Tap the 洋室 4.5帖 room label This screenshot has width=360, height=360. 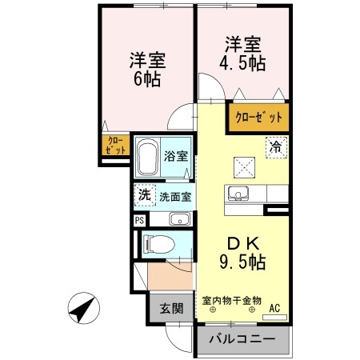[242, 52]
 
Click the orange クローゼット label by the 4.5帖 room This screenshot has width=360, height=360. [258, 118]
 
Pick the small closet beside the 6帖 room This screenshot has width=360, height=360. [114, 145]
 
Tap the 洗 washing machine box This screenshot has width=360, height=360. [144, 194]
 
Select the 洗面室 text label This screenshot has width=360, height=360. [174, 195]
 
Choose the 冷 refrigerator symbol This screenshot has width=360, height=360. [274, 147]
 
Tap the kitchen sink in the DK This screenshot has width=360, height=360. [238, 193]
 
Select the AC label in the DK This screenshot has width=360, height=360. [275, 307]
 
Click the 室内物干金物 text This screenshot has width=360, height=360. [231, 300]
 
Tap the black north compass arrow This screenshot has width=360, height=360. [82, 307]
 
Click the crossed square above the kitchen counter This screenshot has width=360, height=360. [242, 167]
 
